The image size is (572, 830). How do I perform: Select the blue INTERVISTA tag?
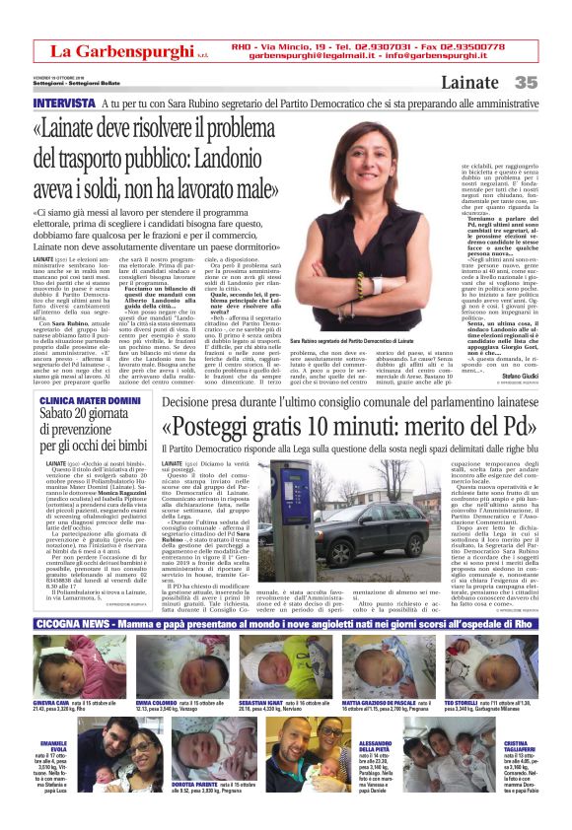pos(64,104)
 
